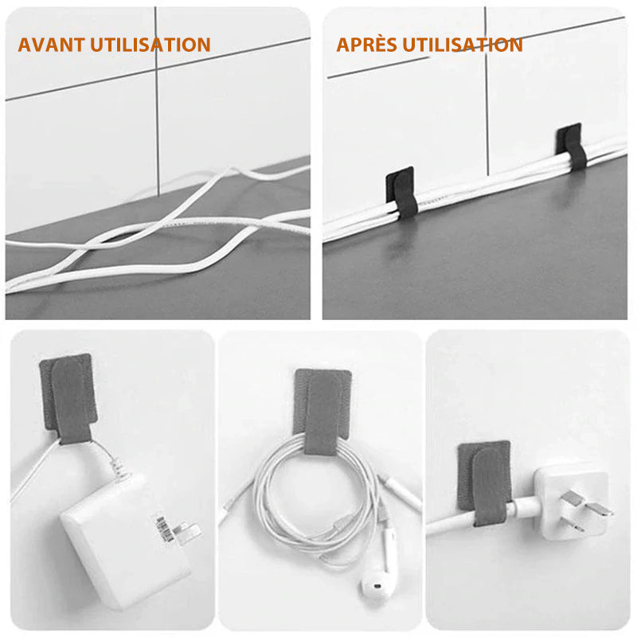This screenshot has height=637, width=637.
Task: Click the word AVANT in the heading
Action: (x=49, y=45)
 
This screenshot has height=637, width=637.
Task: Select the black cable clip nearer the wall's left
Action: (x=402, y=192)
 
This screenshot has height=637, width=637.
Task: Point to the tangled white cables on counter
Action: (x=151, y=231)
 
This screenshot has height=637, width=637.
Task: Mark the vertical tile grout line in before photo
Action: (x=157, y=104)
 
